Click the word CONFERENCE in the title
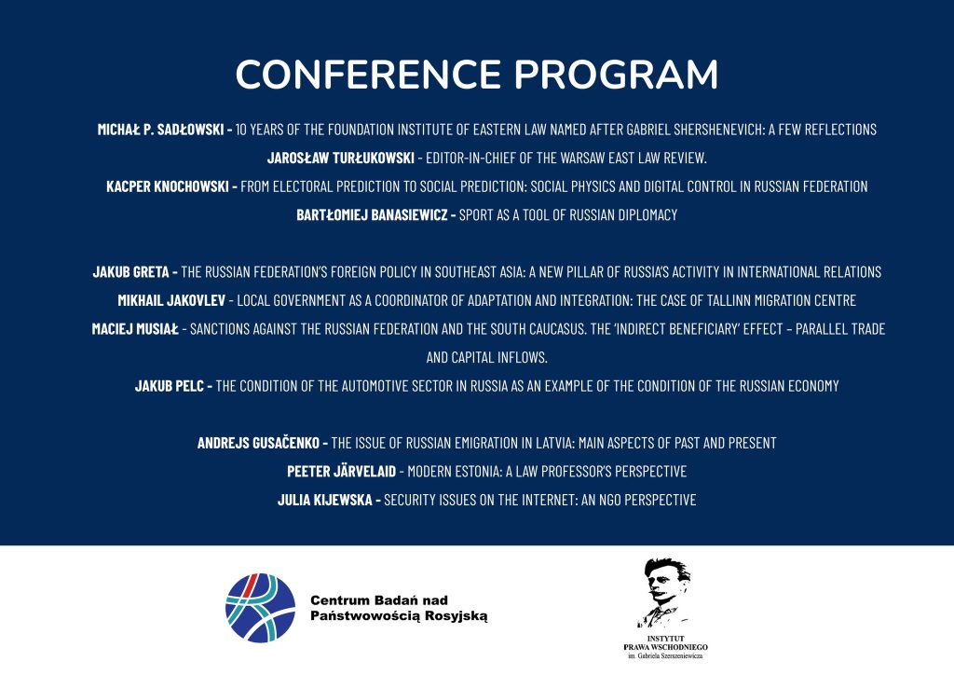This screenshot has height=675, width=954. (368, 75)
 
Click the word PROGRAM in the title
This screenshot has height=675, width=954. (617, 75)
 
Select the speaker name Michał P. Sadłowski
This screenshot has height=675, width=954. (160, 130)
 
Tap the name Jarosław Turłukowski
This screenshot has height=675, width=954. (341, 158)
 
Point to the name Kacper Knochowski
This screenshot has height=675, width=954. (168, 186)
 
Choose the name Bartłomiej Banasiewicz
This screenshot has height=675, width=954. (372, 214)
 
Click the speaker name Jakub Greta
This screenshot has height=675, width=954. (130, 272)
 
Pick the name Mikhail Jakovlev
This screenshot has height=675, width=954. (171, 301)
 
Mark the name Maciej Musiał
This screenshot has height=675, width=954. (135, 329)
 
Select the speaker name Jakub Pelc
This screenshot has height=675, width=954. (170, 386)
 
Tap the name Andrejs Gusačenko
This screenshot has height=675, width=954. (258, 443)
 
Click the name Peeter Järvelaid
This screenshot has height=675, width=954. (341, 472)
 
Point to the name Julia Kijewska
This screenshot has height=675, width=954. (325, 501)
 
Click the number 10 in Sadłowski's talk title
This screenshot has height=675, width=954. (241, 130)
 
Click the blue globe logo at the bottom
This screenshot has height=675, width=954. (261, 608)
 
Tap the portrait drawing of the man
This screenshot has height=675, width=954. (664, 592)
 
